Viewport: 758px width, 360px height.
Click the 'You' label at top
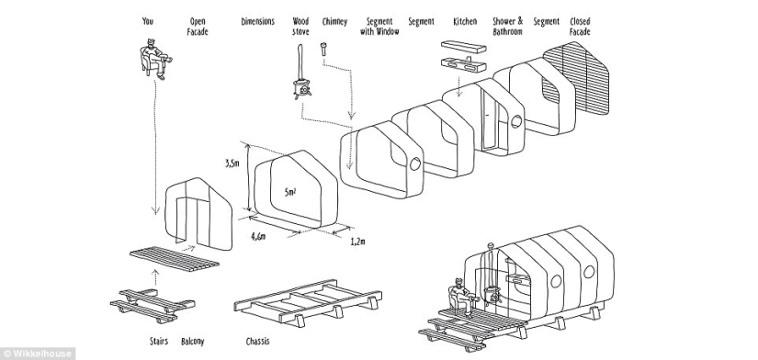pyautogui.click(x=148, y=20)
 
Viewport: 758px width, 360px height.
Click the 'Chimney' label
pyautogui.click(x=335, y=20)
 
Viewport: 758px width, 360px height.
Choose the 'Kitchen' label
pyautogui.click(x=465, y=20)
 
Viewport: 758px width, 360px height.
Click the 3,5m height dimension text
pyautogui.click(x=232, y=163)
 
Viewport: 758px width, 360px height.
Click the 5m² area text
pyautogui.click(x=290, y=193)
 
